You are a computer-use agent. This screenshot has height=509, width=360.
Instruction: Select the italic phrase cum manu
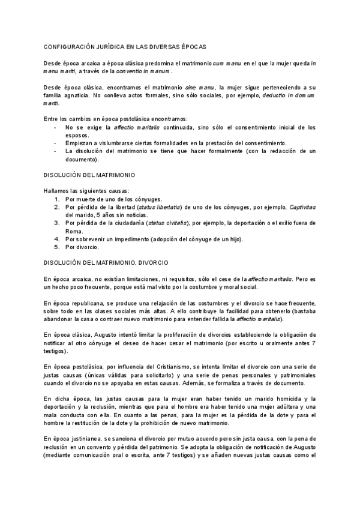click(226, 63)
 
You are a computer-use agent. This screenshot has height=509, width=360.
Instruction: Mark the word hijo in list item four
click(233, 239)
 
